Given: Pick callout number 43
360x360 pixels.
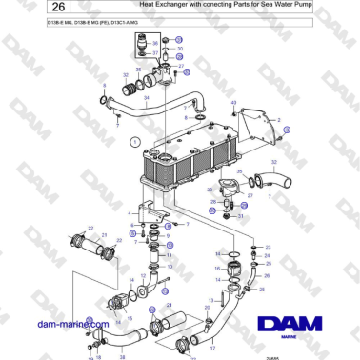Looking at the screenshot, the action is (x=233, y=102).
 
